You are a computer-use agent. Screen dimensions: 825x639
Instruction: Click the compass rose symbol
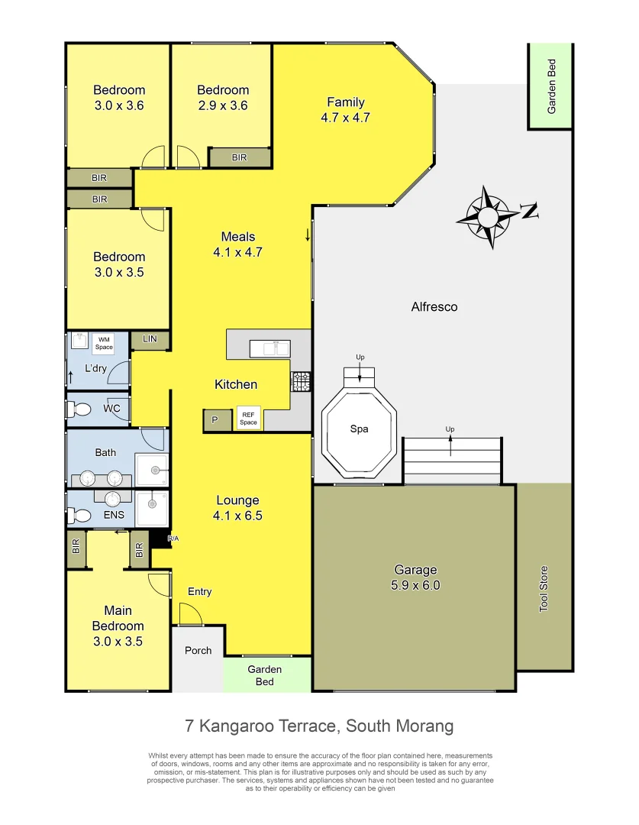click(x=487, y=216)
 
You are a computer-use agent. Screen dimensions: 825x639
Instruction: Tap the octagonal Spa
click(x=359, y=429)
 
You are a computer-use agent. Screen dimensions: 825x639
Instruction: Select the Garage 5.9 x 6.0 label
click(x=415, y=577)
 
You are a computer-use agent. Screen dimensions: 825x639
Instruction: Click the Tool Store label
click(x=544, y=588)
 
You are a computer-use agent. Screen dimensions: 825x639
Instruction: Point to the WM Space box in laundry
click(x=104, y=342)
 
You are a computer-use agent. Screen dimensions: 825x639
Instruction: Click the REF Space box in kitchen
click(x=248, y=418)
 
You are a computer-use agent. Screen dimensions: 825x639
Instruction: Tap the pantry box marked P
click(x=215, y=420)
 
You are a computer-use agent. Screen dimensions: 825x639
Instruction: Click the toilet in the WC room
click(x=79, y=409)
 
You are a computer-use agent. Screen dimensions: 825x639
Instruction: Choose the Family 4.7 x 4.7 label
click(x=345, y=110)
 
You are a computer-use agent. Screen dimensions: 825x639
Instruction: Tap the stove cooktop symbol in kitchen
click(x=300, y=381)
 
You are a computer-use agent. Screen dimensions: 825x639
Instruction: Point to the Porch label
click(x=198, y=650)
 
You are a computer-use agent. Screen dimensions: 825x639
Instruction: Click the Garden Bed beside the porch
click(x=264, y=675)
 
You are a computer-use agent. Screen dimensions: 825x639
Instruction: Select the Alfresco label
click(x=434, y=307)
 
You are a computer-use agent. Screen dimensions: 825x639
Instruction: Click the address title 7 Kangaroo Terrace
click(x=319, y=725)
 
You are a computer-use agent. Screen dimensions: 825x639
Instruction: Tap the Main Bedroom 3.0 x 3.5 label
click(x=118, y=626)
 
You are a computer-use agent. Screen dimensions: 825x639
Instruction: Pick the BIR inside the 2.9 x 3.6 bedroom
click(x=239, y=157)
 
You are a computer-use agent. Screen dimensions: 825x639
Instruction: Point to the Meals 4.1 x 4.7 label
click(x=237, y=244)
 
